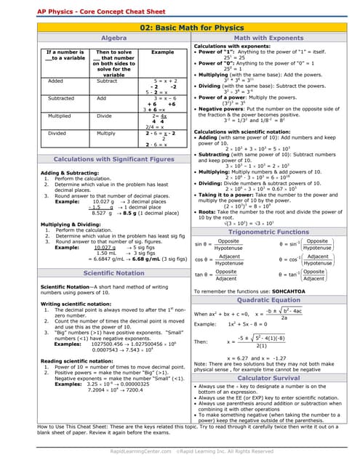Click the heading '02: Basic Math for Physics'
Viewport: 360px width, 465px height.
click(x=180, y=27)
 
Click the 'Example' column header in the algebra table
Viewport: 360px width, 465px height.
click(x=162, y=52)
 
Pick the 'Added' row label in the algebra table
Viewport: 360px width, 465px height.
click(x=56, y=81)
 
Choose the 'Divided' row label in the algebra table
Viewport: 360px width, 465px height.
click(x=57, y=133)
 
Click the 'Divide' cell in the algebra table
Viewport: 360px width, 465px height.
click(x=105, y=116)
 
